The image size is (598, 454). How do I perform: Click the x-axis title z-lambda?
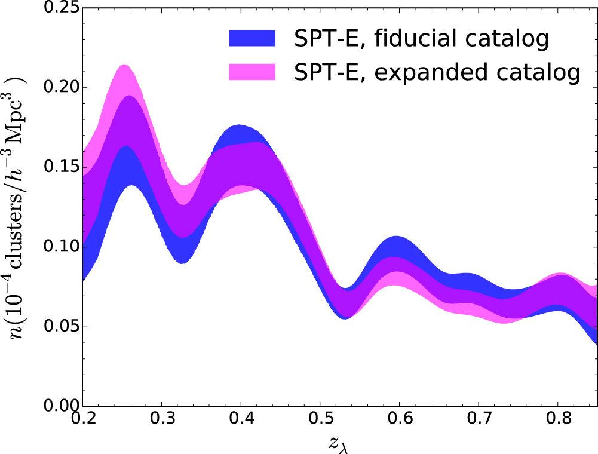point(340,443)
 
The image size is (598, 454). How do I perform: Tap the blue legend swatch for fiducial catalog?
point(252,39)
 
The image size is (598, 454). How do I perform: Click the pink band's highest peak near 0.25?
point(125,66)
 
